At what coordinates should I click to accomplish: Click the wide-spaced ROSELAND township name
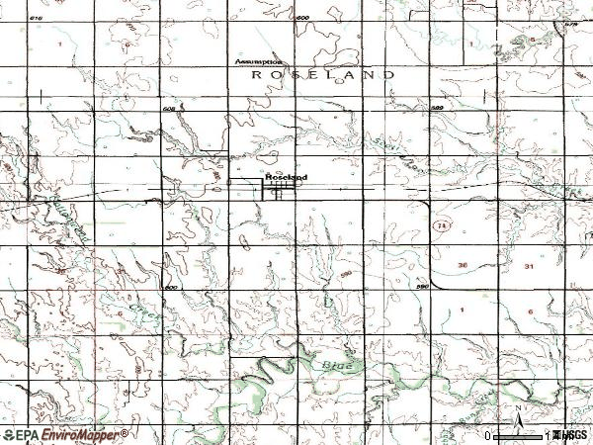[x=324, y=74]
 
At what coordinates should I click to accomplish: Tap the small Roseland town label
[x=286, y=177]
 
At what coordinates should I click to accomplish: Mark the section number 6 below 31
[x=530, y=311]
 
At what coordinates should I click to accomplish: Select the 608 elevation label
[x=168, y=108]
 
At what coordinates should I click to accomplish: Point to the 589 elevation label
[x=437, y=108]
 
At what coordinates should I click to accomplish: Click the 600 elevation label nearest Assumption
[x=302, y=19]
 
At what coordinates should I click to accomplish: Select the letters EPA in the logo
[x=27, y=434]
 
